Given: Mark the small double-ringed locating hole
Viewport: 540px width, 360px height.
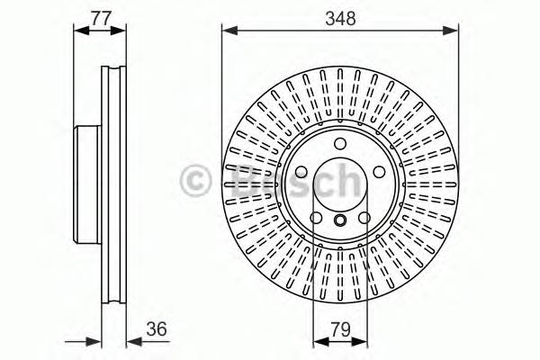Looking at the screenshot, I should point(339,221).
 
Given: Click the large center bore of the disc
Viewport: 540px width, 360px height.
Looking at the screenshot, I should point(339,184).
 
